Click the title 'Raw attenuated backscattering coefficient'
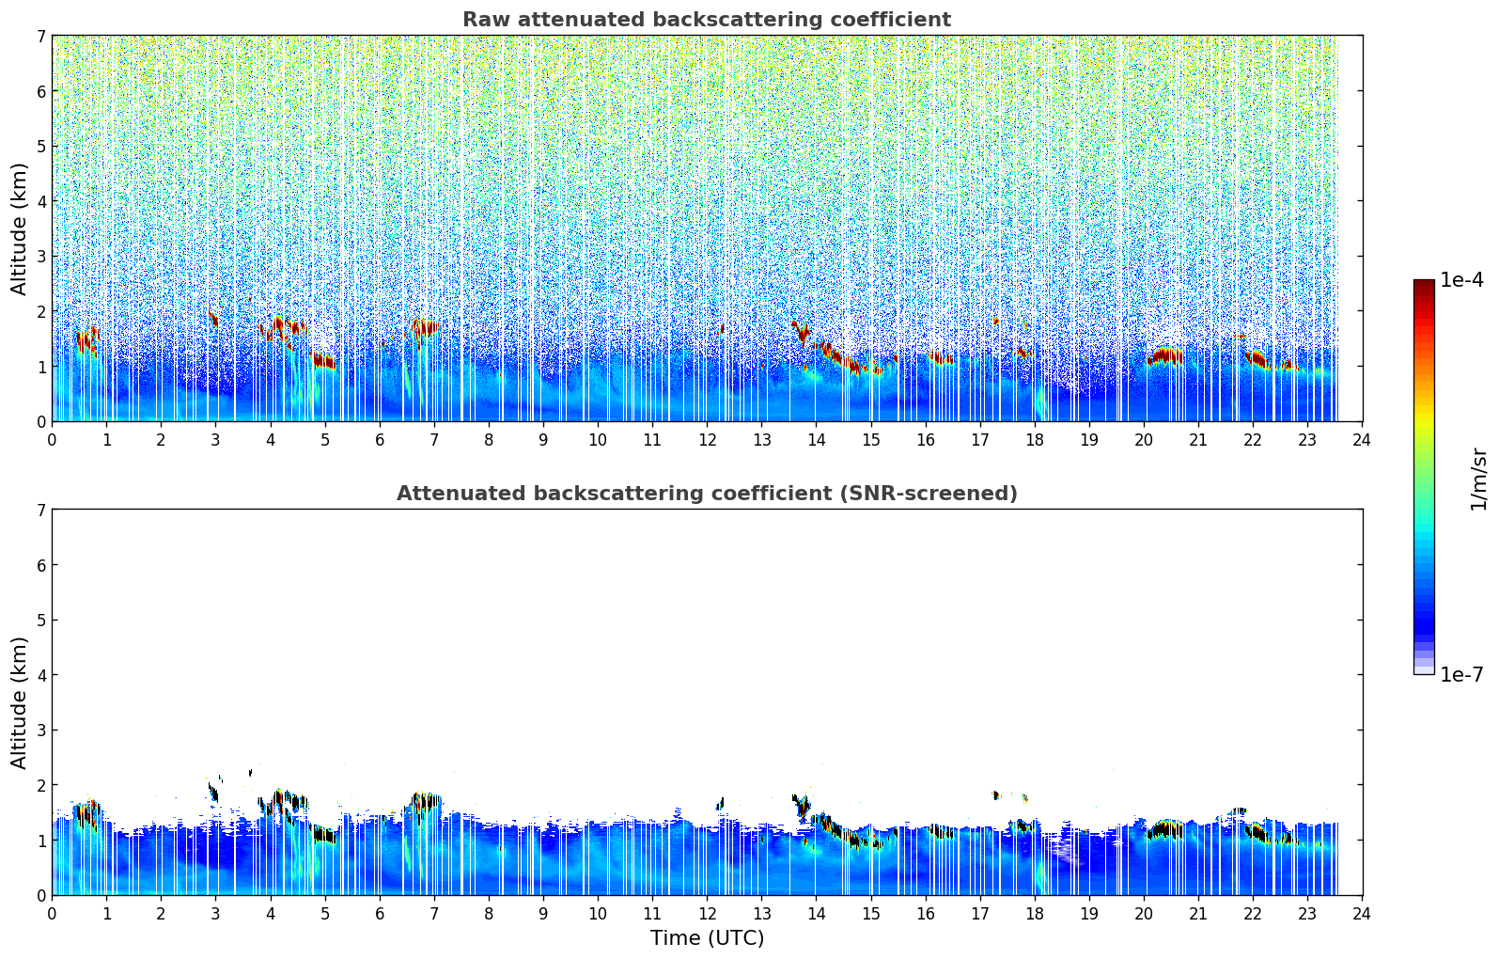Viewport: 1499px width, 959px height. tap(706, 20)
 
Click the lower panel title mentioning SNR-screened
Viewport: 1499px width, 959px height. tap(706, 494)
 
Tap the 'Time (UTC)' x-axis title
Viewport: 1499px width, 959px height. tap(707, 938)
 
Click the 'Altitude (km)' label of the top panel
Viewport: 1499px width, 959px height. tap(20, 228)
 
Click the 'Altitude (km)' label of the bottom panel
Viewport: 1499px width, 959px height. tap(20, 702)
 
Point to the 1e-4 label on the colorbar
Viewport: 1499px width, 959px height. tap(1461, 280)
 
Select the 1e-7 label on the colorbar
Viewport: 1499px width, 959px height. tap(1461, 674)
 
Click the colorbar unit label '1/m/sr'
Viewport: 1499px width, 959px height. tap(1478, 479)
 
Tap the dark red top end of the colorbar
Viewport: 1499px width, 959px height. tap(1423, 284)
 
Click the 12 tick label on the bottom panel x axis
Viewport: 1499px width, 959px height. tap(707, 914)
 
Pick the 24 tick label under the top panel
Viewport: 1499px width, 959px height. tap(1362, 440)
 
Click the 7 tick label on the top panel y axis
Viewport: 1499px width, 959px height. tap(40, 36)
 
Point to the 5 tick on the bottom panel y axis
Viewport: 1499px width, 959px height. tap(40, 620)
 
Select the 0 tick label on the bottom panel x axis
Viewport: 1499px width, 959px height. tap(52, 914)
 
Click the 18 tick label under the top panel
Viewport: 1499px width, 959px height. tap(1035, 440)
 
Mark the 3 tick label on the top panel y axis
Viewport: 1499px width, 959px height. tap(40, 257)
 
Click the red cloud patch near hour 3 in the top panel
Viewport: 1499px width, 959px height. tap(213, 319)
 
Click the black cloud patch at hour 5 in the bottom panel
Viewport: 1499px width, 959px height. tap(324, 835)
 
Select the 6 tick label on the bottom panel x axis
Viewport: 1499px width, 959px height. tap(380, 914)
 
